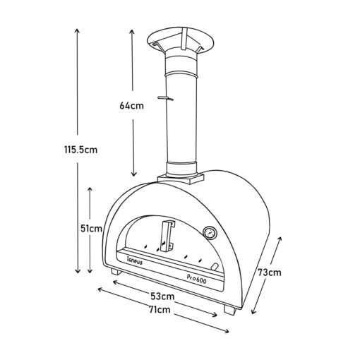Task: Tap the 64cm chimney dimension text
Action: pyautogui.click(x=132, y=106)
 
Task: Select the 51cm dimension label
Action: pyautogui.click(x=92, y=228)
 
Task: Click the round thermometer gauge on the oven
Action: pyautogui.click(x=210, y=232)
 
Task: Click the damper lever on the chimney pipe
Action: pyautogui.click(x=167, y=98)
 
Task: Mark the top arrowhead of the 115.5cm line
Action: pyautogui.click(x=77, y=32)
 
